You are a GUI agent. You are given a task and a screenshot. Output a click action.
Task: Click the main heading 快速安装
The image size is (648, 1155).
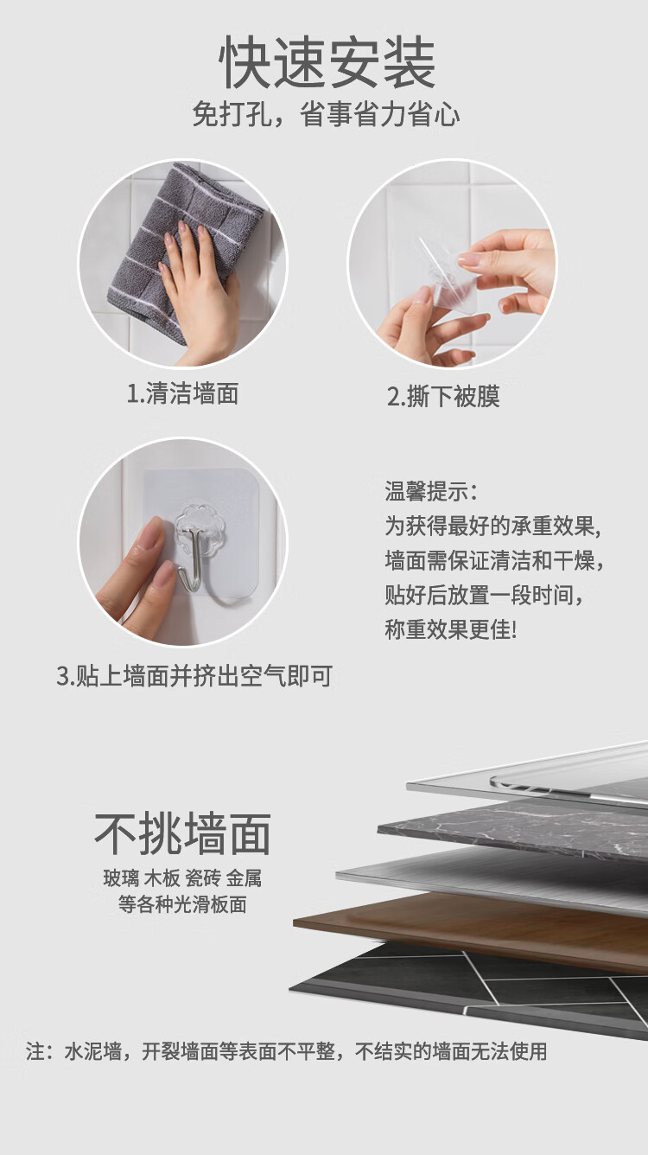(327, 63)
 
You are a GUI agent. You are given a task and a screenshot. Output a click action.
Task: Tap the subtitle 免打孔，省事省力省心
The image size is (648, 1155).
(326, 114)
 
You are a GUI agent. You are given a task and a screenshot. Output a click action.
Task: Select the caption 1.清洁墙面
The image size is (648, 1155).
(182, 393)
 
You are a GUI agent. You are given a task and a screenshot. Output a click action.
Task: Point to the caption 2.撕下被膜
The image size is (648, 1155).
(443, 397)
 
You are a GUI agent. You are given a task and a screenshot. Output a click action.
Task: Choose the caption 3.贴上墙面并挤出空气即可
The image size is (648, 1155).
(194, 676)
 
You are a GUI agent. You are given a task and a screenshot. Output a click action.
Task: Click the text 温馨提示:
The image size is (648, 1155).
(431, 491)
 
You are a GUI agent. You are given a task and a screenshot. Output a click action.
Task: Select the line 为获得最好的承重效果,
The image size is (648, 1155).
(493, 526)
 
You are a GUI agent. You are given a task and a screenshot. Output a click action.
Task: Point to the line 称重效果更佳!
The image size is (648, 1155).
(450, 629)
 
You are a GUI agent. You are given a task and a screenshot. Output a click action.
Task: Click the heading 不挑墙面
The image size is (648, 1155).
(182, 833)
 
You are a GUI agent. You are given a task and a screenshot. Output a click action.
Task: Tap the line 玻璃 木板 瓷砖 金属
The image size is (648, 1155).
(182, 878)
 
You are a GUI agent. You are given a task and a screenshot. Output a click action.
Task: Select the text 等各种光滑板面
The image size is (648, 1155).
(182, 904)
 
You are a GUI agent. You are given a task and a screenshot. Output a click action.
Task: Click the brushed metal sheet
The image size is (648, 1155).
(495, 879)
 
